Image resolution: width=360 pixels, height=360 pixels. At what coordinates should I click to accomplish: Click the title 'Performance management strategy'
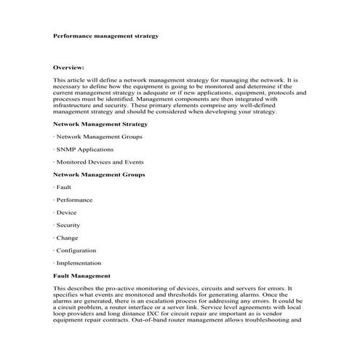[x=105, y=34]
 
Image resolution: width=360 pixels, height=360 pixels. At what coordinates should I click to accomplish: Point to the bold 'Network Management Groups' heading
[x=99, y=175]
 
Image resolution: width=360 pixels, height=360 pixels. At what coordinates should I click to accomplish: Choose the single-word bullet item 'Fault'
[x=63, y=187]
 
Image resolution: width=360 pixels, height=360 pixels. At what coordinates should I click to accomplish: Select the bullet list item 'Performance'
[x=74, y=200]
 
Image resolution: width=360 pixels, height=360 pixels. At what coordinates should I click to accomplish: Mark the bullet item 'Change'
[x=67, y=238]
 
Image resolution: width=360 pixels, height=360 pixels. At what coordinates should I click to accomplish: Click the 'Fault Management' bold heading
[x=81, y=276]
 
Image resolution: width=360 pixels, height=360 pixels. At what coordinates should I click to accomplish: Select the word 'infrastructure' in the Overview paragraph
[x=74, y=105]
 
